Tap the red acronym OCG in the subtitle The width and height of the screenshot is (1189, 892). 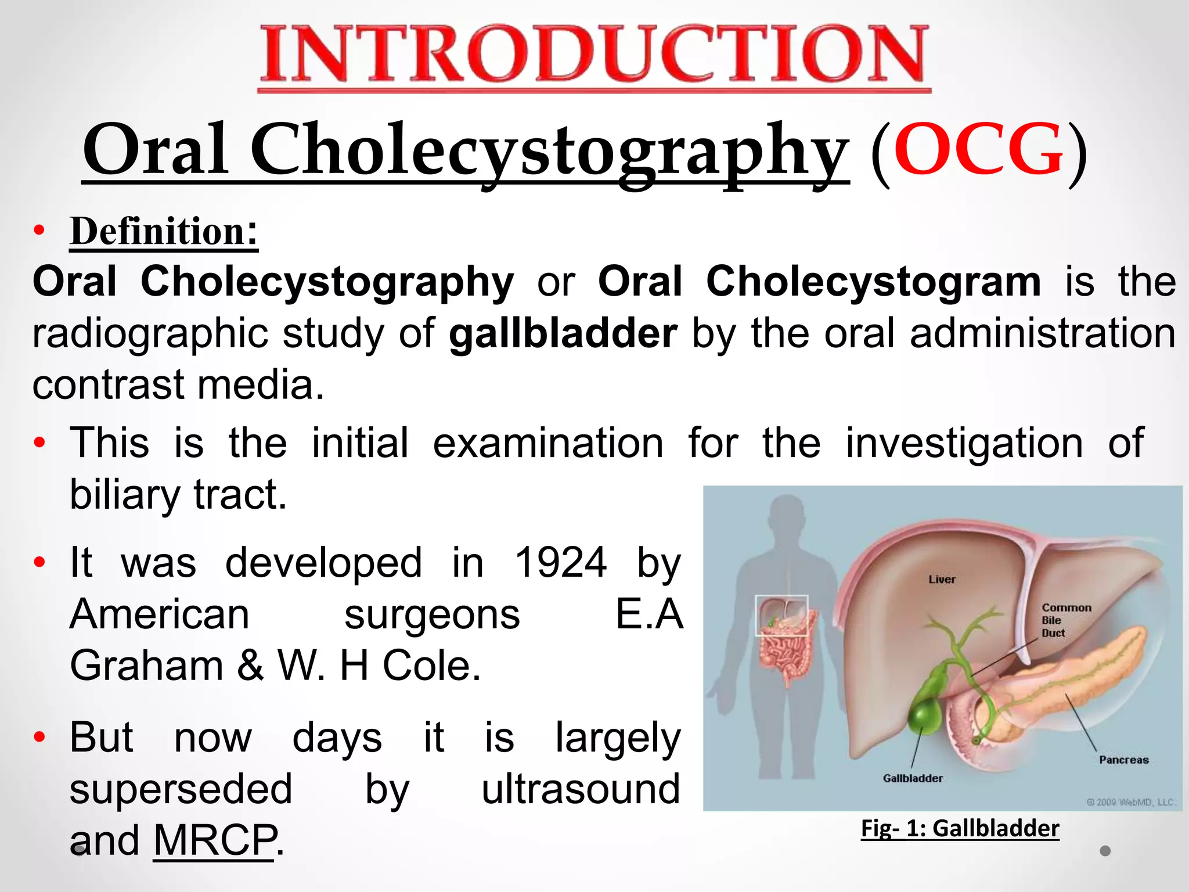pyautogui.click(x=978, y=149)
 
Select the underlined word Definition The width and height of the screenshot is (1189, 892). pyautogui.click(x=158, y=232)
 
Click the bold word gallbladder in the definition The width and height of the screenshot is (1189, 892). pyautogui.click(x=563, y=334)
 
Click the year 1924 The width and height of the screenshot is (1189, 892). pyautogui.click(x=560, y=563)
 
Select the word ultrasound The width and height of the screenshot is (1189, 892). pyautogui.click(x=581, y=789)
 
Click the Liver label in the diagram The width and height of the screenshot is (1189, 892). pyautogui.click(x=942, y=580)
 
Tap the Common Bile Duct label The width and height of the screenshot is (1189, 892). pyautogui.click(x=1065, y=620)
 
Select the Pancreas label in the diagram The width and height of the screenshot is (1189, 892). pyautogui.click(x=1123, y=760)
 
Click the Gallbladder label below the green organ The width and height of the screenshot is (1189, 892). pyautogui.click(x=913, y=778)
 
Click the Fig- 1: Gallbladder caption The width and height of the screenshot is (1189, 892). pyautogui.click(x=960, y=828)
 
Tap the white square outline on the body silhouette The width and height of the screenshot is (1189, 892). pyautogui.click(x=781, y=615)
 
